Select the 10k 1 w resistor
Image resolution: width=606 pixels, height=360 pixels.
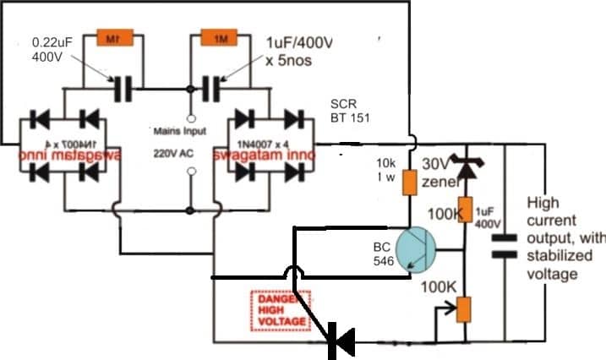(x=412, y=181)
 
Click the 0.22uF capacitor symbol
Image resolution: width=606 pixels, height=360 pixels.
(x=123, y=86)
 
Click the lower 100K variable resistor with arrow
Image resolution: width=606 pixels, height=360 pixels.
(x=463, y=308)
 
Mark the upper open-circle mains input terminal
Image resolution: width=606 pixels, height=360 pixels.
(x=192, y=117)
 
